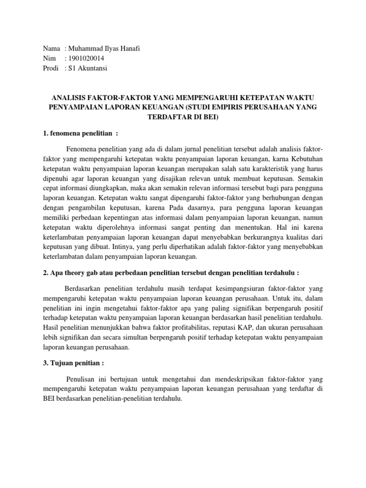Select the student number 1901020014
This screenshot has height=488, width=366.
point(86,59)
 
